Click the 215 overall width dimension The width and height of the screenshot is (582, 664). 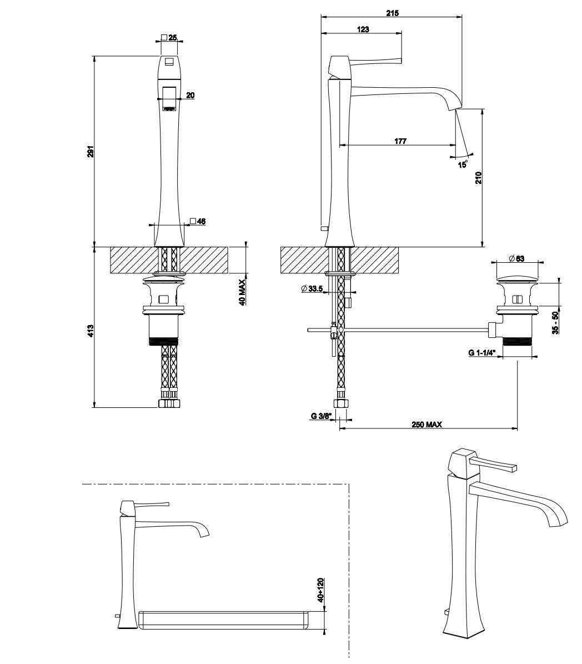(x=393, y=13)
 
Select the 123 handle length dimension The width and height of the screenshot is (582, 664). (x=363, y=29)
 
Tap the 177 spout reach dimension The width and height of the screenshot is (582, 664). (x=400, y=141)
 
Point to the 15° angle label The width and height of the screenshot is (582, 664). (x=463, y=163)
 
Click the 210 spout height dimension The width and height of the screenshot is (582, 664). (x=478, y=178)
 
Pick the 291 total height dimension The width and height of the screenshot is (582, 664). (x=90, y=152)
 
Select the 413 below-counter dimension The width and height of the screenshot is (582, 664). (x=90, y=331)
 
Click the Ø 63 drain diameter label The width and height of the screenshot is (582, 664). (x=516, y=258)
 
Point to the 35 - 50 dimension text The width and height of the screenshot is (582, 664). (x=555, y=323)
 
